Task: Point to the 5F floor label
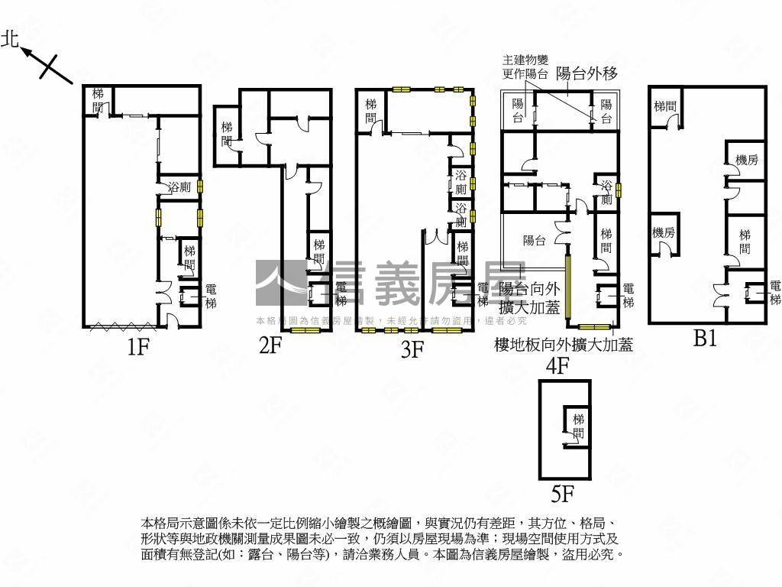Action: tap(562, 495)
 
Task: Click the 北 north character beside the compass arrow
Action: tap(11, 40)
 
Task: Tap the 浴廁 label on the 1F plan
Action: tap(179, 186)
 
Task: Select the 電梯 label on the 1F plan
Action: tap(211, 297)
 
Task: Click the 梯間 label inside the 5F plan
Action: tap(578, 426)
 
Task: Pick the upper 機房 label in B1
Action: tap(746, 160)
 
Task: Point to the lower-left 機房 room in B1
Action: tap(663, 232)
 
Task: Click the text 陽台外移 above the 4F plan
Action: tap(586, 73)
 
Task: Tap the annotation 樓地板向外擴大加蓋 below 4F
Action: tap(564, 345)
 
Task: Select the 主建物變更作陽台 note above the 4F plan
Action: tap(525, 67)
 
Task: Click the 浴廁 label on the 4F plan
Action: tap(606, 193)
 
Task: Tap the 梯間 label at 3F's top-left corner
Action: tap(370, 111)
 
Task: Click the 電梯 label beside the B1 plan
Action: tap(775, 293)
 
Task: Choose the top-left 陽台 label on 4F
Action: tap(518, 111)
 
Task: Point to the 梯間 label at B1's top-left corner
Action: tap(664, 106)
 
